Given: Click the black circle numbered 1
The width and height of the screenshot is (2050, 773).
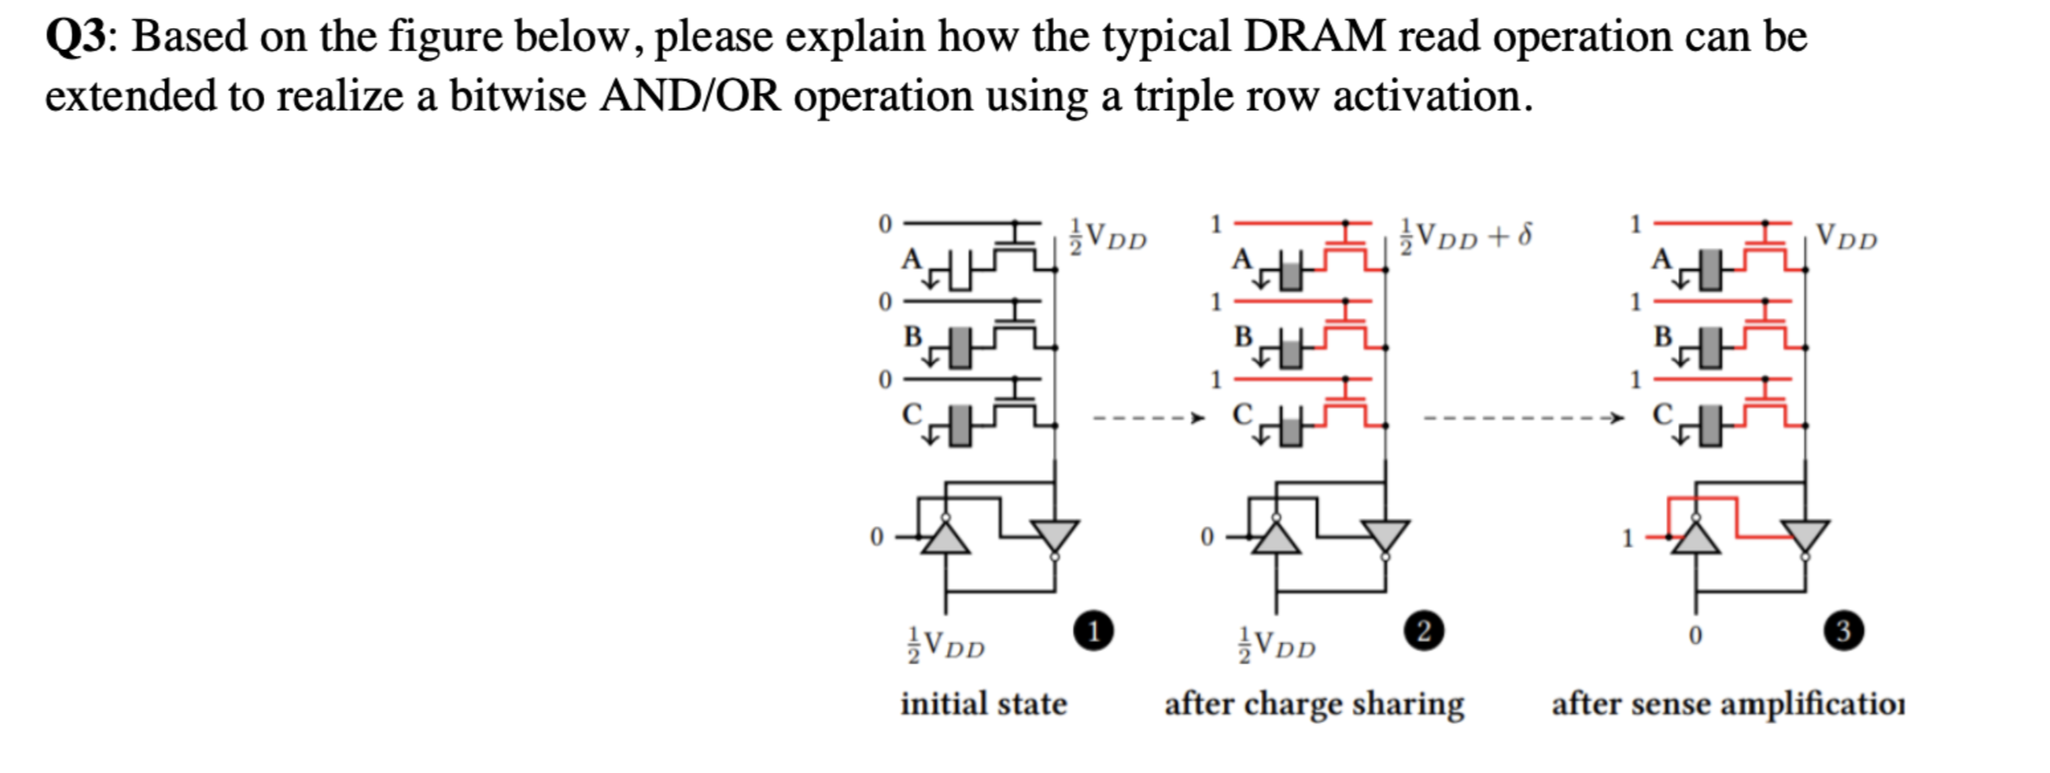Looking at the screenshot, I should click(x=1093, y=631).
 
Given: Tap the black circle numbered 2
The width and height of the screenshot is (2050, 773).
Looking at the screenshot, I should click(x=1424, y=631).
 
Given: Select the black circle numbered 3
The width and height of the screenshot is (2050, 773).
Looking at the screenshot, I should click(x=1843, y=631).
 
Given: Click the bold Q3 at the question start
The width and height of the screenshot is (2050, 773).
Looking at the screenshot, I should click(x=75, y=37).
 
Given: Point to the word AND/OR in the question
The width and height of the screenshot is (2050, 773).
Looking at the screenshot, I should click(x=689, y=97).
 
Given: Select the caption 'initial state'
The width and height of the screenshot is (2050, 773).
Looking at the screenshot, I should click(x=983, y=704).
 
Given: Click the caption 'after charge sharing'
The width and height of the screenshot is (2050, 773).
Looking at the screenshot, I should click(x=1314, y=704).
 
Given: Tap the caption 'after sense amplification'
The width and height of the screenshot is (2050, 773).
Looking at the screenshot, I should click(x=1727, y=704).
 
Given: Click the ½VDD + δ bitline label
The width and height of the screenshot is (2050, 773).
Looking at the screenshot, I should click(x=1465, y=236).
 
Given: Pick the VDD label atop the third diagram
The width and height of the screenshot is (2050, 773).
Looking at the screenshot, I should click(x=1847, y=236).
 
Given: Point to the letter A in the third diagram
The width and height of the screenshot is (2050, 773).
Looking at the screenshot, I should click(x=1661, y=259).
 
